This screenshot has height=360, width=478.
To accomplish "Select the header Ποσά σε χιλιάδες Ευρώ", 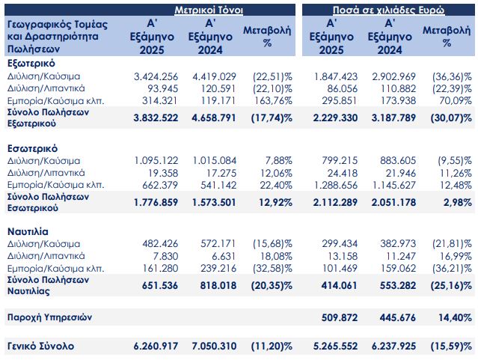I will (x=388, y=10).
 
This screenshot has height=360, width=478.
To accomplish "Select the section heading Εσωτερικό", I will (x=33, y=148).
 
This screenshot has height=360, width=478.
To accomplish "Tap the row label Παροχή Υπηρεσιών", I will (x=49, y=317).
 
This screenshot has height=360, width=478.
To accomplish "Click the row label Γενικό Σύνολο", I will (x=38, y=347).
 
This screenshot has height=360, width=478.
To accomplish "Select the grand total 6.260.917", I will (x=154, y=347).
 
